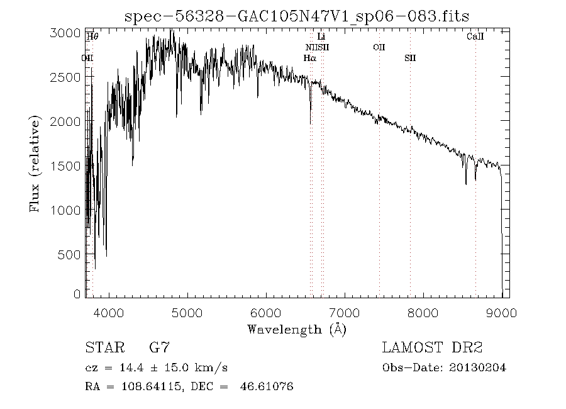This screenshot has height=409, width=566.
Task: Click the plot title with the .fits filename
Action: (x=297, y=16)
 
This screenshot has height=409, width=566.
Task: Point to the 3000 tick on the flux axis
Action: (x=65, y=33)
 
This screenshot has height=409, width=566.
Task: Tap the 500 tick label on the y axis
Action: (x=71, y=255)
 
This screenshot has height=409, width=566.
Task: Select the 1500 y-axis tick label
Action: (x=65, y=166)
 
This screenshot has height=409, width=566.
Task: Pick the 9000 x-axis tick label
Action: (x=501, y=313)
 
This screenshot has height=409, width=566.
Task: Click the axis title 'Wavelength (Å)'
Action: (x=297, y=329)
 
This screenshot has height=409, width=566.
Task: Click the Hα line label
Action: (x=309, y=58)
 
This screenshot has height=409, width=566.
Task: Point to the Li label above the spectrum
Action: (x=321, y=37)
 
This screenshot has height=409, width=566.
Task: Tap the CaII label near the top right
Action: (x=475, y=37)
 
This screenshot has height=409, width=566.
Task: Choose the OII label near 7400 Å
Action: (x=379, y=47)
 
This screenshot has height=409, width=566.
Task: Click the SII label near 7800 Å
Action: (x=410, y=58)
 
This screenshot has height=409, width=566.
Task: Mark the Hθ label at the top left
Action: (x=92, y=37)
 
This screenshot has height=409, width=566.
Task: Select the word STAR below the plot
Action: (x=103, y=347)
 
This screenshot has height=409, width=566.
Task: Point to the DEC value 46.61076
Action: (x=267, y=386)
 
